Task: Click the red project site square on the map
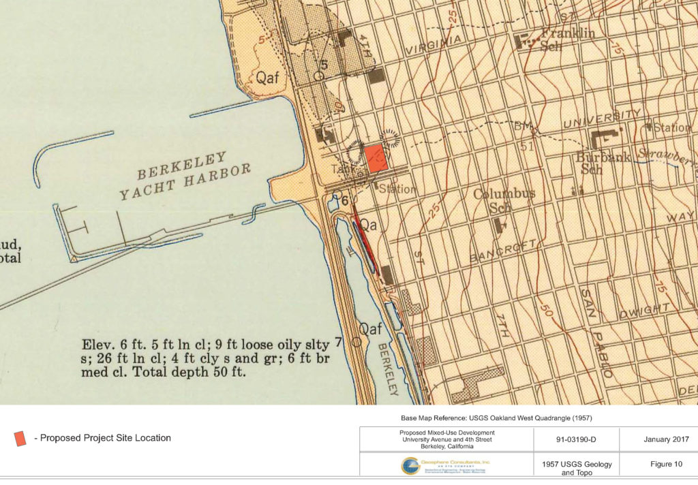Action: coord(376,158)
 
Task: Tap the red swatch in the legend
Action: coord(20,438)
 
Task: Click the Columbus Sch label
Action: coord(504,199)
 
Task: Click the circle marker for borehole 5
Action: coord(319,76)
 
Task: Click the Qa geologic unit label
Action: coord(368,223)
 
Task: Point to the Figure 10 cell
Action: coord(658,465)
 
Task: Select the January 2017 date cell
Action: coord(658,439)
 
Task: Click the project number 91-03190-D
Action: coord(575,439)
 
